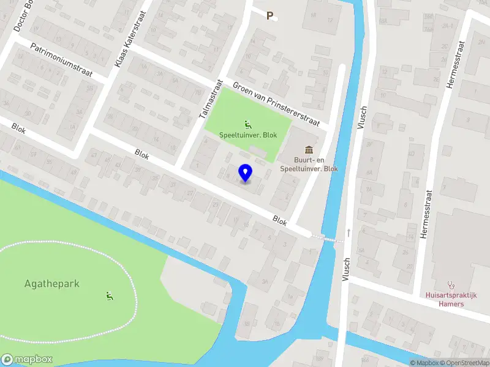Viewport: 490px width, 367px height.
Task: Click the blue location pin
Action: [245, 172]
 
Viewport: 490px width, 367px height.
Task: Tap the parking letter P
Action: [269, 15]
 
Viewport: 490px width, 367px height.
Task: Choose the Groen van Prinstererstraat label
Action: [276, 104]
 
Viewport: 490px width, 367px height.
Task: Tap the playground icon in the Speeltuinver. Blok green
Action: [247, 124]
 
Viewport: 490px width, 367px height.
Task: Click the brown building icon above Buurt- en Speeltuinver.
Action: [309, 150]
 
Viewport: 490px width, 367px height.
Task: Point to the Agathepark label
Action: [52, 284]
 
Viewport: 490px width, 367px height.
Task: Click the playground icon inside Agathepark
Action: [110, 297]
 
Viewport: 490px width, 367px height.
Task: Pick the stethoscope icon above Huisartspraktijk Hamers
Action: [451, 284]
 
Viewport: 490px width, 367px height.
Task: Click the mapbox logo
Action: [27, 360]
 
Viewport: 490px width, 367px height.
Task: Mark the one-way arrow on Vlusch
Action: [349, 233]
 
